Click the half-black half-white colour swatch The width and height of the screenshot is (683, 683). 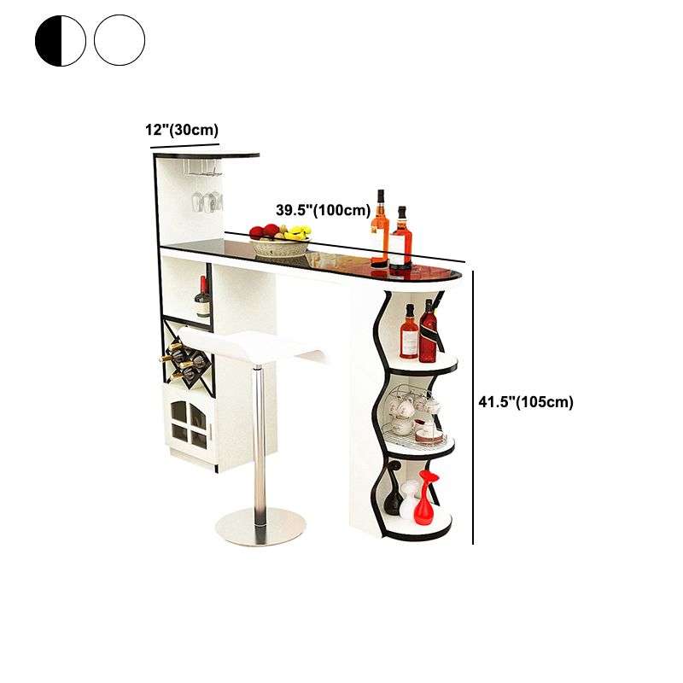click(x=61, y=40)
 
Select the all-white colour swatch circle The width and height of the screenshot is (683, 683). click(x=120, y=40)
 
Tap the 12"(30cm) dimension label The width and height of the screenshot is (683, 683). click(x=182, y=130)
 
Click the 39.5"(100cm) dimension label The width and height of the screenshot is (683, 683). click(x=324, y=210)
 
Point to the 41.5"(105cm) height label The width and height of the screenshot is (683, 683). click(x=526, y=401)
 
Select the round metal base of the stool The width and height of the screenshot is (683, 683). click(x=261, y=526)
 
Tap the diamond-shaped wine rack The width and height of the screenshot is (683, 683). click(x=188, y=358)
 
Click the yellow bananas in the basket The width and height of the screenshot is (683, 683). click(x=300, y=232)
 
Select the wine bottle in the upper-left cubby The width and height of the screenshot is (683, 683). click(x=202, y=297)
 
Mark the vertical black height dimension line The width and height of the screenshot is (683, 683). click(x=473, y=407)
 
